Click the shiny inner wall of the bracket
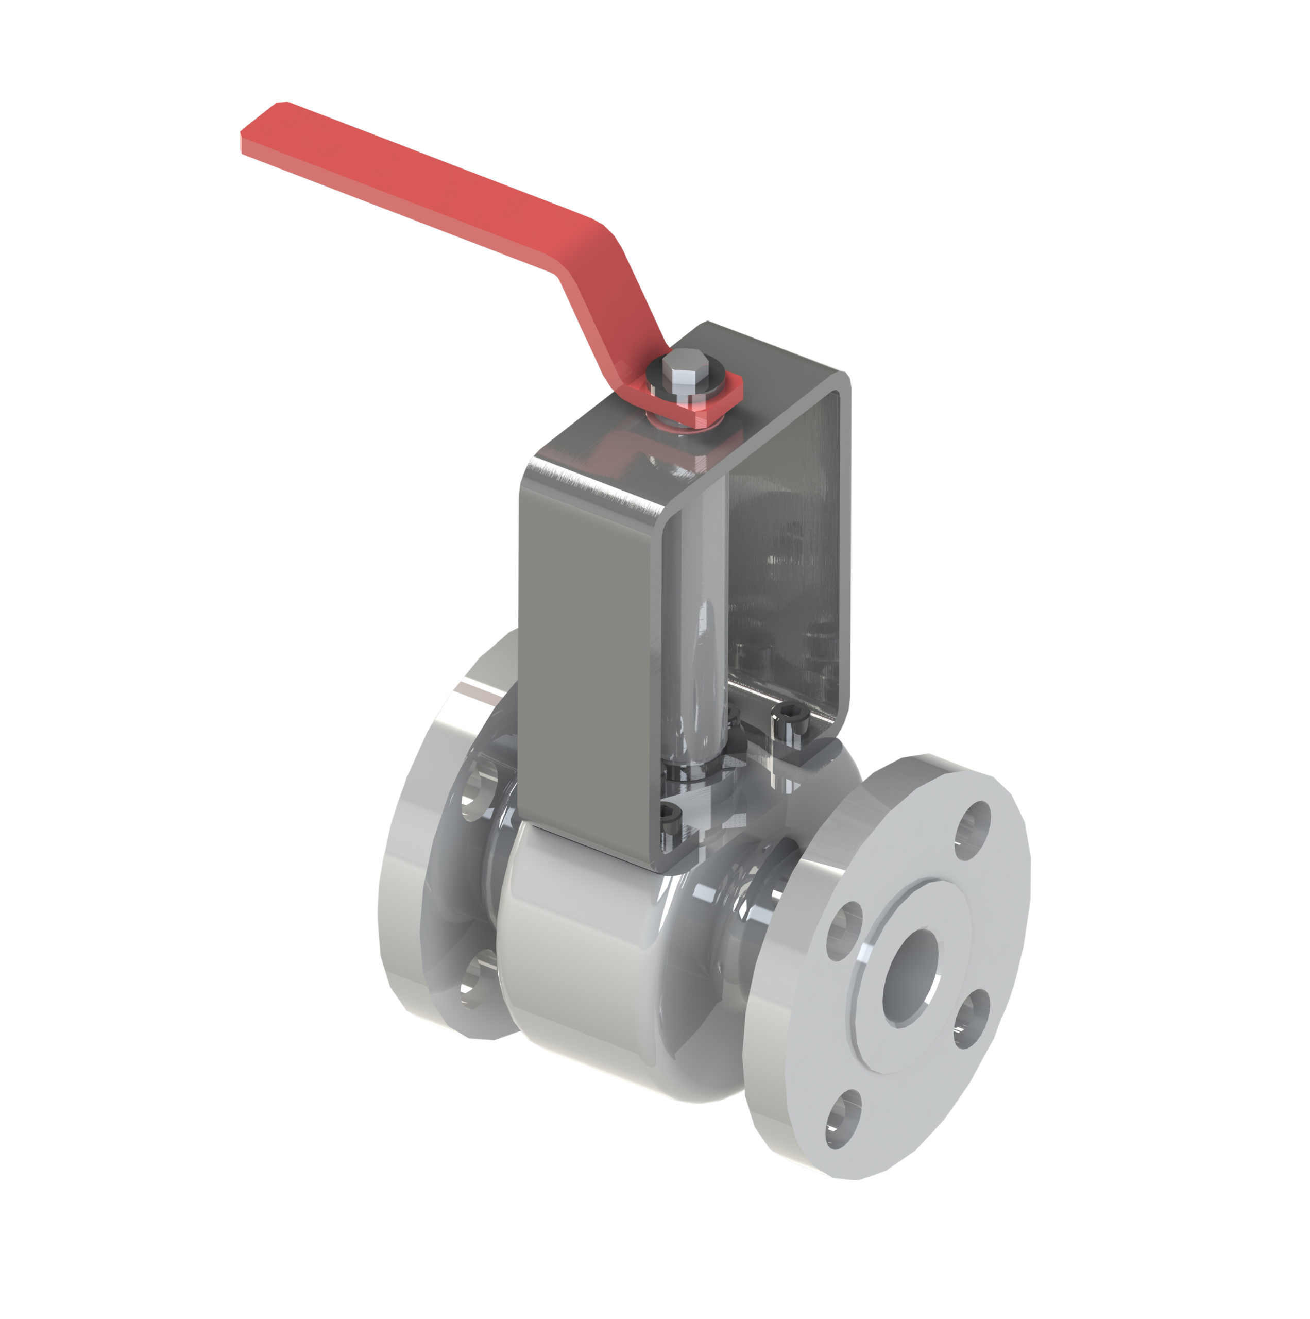click(x=785, y=546)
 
